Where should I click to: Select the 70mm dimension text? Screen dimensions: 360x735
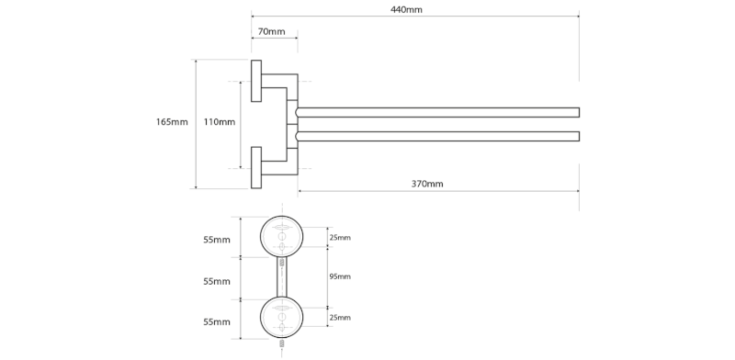tap(272, 32)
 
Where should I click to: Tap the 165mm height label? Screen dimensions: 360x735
tap(172, 122)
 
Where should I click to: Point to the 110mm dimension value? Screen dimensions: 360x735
tap(219, 122)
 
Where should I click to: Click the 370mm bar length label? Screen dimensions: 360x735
tap(427, 184)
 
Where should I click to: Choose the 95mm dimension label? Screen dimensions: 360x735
tap(340, 276)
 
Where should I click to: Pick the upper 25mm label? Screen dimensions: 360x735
tap(340, 238)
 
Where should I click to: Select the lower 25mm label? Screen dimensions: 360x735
tap(340, 317)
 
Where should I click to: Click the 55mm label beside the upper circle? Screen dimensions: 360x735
tap(217, 240)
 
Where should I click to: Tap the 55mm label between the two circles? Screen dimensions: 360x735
tap(217, 280)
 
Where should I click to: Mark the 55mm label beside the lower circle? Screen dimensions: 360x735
tap(217, 322)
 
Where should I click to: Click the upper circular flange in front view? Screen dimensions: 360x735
tap(283, 237)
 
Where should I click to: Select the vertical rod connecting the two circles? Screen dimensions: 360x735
tap(283, 277)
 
